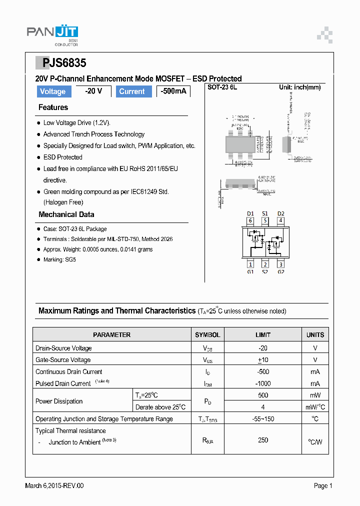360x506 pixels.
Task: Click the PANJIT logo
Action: coord(52,33)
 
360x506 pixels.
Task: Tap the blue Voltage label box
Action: coord(52,91)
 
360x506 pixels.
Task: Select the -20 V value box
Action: coord(93,91)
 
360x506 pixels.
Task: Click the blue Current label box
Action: coord(132,91)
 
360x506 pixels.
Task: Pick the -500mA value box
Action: coord(173,91)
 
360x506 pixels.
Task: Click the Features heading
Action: coord(53,107)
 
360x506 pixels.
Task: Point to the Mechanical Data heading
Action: coord(66,214)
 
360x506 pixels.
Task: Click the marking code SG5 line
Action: coord(59,260)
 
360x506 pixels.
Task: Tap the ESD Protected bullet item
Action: coord(62,157)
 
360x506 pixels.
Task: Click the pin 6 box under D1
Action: coord(250,220)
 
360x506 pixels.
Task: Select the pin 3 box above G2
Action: coord(281,264)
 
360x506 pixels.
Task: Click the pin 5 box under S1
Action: coord(265,220)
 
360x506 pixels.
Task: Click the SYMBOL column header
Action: coord(207,335)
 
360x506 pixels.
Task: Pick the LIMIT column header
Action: coord(262,335)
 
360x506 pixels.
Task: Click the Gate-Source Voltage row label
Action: coord(63,360)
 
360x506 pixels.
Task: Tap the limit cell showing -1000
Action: coord(262,383)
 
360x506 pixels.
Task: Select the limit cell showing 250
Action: coord(262,440)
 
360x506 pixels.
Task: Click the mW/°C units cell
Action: coord(315,407)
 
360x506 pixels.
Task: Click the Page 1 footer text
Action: coord(323,485)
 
